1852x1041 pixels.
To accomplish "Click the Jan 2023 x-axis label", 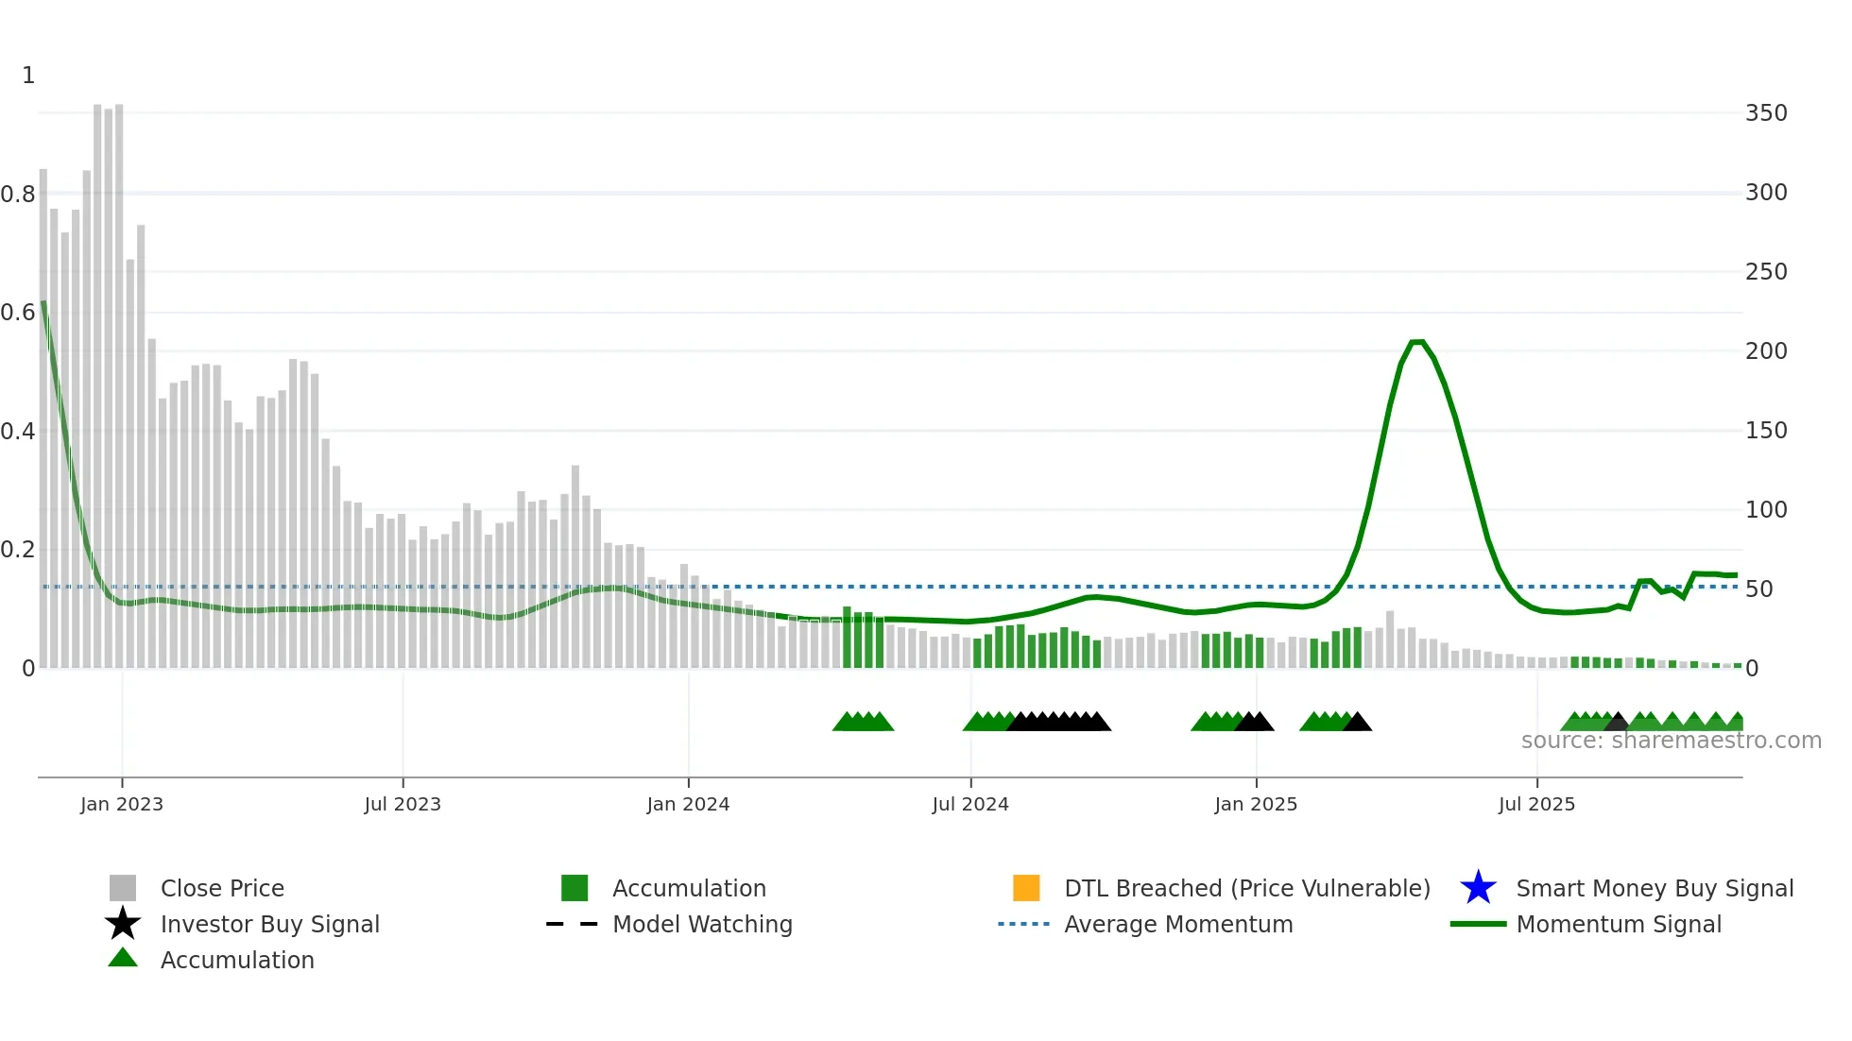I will pos(122,804).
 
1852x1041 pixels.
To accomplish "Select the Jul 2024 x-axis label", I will pos(970,804).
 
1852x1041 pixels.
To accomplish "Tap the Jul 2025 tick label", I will pos(1536,804).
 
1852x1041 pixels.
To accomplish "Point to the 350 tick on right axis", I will pos(1766,113).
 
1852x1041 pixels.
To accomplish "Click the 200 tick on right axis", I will pos(1766,351).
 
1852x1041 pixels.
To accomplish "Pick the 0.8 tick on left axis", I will pos(18,195).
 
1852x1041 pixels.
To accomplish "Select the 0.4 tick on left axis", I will pos(18,432).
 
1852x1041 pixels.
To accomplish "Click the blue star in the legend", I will pos(1478,888).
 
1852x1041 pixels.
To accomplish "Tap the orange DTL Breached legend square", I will pos(1026,888).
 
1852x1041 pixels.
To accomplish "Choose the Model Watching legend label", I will pos(702,924).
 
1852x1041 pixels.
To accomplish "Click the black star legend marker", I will pos(123,924).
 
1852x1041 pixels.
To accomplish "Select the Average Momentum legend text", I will pos(1178,924).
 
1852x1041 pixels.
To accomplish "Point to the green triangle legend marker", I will pos(123,958).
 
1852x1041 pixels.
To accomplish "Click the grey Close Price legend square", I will pos(123,888).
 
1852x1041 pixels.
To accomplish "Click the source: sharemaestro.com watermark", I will pos(1671,741).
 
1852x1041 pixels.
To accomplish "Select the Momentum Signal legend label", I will pos(1619,924).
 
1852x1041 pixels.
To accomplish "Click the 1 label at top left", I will pos(28,76).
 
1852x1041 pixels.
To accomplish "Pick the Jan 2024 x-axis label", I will pos(688,804).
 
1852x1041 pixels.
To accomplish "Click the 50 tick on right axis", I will pos(1758,589).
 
